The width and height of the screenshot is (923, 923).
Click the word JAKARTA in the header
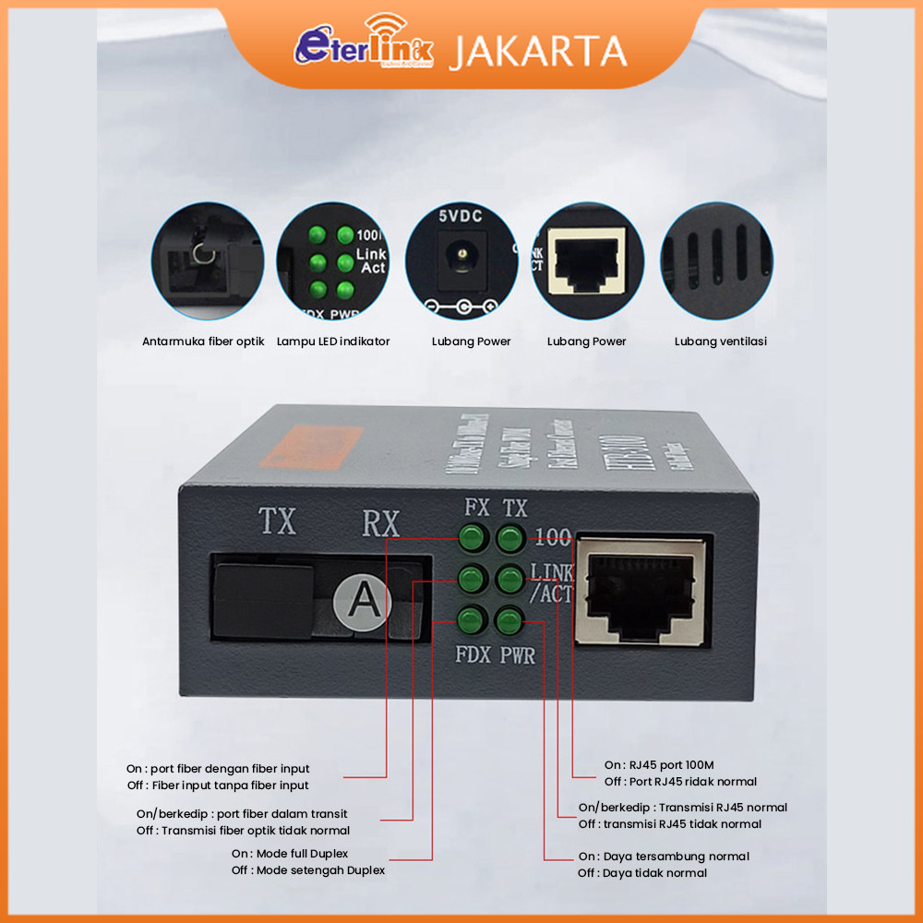pos(538,51)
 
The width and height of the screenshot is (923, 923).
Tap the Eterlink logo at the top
pos(365,47)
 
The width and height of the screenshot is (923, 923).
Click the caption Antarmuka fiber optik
pos(203,342)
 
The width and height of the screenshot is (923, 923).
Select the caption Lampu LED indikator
pos(333,342)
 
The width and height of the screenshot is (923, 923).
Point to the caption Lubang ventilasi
pos(721,342)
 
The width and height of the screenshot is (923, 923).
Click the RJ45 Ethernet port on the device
pos(641,590)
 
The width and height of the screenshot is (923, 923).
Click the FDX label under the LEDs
pos(473,657)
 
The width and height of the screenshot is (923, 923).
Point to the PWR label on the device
pos(517,657)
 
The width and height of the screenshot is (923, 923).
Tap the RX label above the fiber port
pos(379,523)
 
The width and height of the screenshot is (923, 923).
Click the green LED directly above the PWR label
pos(509,620)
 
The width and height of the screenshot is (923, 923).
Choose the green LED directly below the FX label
pos(472,537)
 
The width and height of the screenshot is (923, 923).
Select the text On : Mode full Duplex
pos(290,854)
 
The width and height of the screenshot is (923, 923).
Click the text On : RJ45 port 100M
pos(659,765)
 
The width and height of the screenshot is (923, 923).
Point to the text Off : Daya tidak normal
pos(642,873)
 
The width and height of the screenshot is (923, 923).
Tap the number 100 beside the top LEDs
pos(551,537)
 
